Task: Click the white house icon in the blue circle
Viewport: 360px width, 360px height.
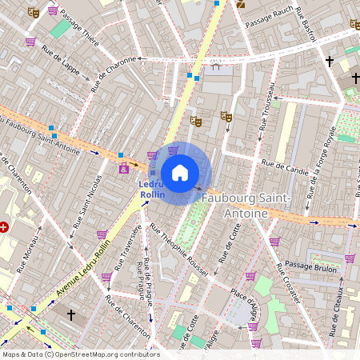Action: (180, 172)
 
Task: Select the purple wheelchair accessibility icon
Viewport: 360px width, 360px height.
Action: (124, 169)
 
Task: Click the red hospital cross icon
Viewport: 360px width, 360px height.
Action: (5, 227)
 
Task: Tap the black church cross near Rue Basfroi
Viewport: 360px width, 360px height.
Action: (329, 61)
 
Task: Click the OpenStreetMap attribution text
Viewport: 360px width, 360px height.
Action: (80, 354)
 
